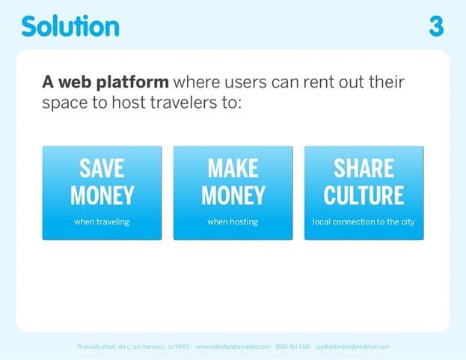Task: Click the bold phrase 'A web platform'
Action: [105, 82]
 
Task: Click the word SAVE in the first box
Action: [102, 168]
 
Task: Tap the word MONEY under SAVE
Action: [102, 195]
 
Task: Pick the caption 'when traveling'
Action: [102, 222]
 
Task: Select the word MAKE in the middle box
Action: [233, 168]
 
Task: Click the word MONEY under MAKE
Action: [233, 195]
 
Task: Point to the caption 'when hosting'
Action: [233, 222]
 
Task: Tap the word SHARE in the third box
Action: [364, 168]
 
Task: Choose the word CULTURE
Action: [364, 195]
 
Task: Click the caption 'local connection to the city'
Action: [364, 222]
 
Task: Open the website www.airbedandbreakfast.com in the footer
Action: [233, 347]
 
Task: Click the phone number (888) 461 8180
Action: [292, 347]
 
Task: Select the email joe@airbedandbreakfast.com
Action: [352, 347]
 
